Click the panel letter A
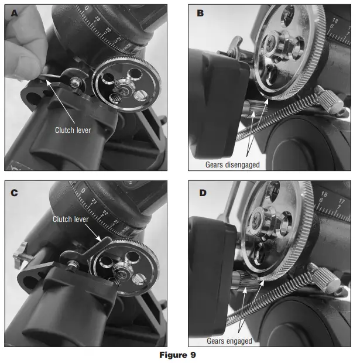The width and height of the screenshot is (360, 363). pos(14,13)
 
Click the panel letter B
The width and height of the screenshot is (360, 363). pos(200,13)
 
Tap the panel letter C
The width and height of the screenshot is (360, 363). pos(14,193)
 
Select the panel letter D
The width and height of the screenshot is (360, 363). pos(203,193)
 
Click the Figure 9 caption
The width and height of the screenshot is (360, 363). pos(177,355)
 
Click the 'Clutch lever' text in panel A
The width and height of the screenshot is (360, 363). pos(73,130)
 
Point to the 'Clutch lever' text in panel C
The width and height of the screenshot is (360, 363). pos(71,219)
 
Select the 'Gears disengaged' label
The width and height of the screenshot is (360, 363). pos(232,165)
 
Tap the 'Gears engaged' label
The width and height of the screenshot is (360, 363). pos(229,341)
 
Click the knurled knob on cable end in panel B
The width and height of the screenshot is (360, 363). pos(329,100)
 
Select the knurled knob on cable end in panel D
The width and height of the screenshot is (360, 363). pos(324,278)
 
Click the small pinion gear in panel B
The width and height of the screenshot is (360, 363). pos(255,109)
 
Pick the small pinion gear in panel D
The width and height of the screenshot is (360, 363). pos(246,280)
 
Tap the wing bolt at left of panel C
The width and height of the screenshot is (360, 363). pos(21,255)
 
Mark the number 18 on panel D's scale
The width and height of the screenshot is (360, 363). pos(324,194)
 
